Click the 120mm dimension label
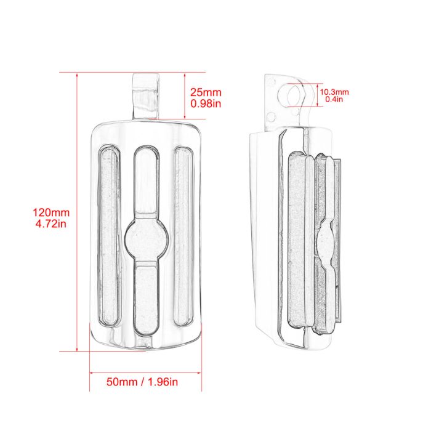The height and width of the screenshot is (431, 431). [51, 213]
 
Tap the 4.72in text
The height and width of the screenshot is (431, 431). [51, 224]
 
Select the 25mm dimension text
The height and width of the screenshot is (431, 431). [206, 92]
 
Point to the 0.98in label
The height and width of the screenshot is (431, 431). [206, 103]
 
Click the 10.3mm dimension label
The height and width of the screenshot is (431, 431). [334, 92]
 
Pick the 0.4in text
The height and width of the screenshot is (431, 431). [334, 99]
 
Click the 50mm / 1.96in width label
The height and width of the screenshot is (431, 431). [142, 382]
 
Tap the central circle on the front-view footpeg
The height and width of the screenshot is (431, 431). [146, 239]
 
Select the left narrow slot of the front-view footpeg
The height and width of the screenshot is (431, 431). [109, 235]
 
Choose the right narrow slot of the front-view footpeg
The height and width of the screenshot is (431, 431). [183, 236]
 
